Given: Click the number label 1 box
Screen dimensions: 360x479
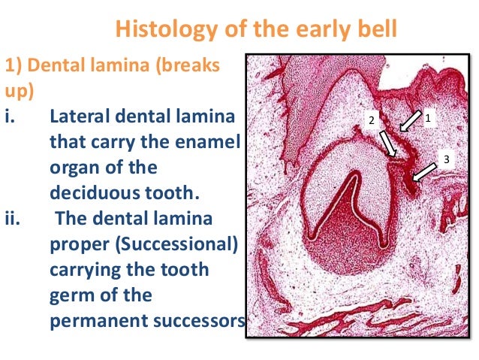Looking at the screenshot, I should point(428,118).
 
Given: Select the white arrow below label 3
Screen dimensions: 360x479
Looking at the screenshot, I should point(426,173).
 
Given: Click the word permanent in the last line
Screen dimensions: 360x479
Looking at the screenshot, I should point(91,320).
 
